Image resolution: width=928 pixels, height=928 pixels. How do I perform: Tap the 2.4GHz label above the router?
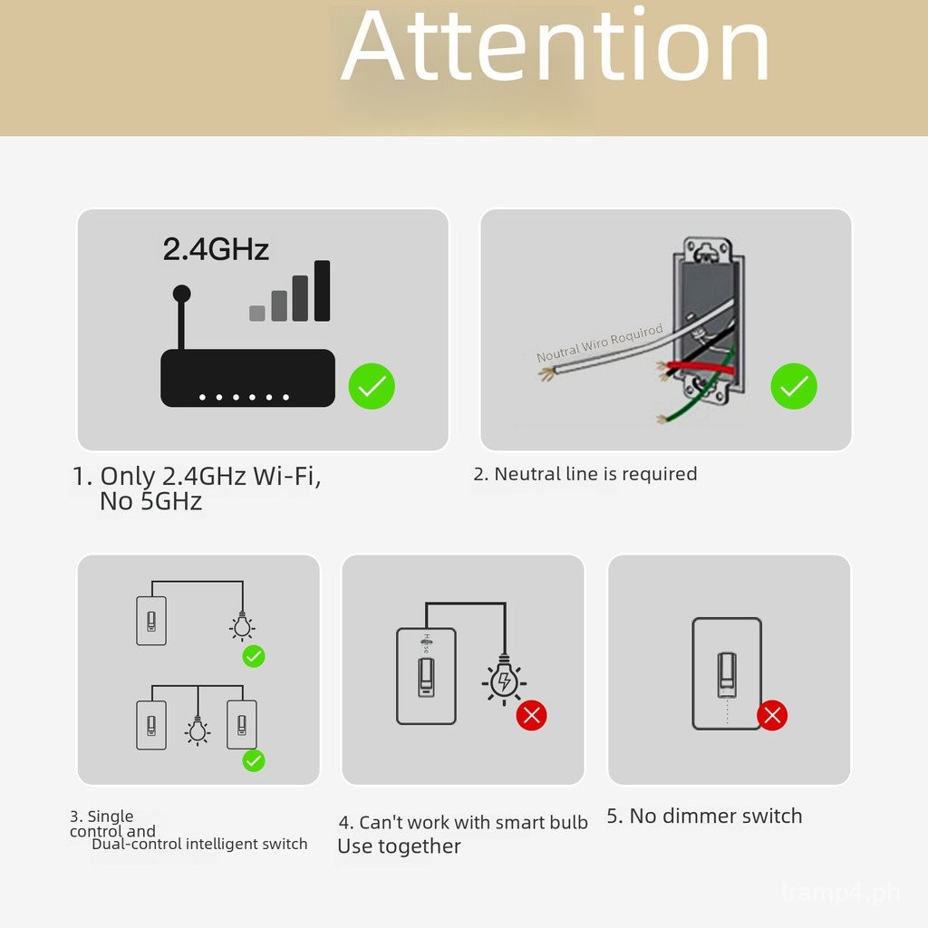tap(216, 249)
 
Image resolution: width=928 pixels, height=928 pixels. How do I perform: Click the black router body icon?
tap(247, 378)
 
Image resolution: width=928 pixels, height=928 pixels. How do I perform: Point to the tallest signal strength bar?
tap(322, 290)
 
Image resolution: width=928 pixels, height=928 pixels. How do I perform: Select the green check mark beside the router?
tap(372, 387)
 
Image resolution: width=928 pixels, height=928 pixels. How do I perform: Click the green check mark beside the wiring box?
tap(794, 387)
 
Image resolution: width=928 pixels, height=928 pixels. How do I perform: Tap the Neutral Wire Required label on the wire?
tap(600, 343)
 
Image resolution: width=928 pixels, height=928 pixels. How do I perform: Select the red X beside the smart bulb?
tap(532, 716)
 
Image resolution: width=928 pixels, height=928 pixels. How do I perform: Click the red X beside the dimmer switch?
tap(772, 716)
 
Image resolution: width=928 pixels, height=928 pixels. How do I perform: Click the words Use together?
tap(399, 846)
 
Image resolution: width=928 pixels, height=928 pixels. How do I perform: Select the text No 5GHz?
tap(150, 501)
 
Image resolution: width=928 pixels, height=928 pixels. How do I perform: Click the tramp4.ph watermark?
tap(840, 894)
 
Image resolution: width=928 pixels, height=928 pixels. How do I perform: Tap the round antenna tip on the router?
tap(181, 294)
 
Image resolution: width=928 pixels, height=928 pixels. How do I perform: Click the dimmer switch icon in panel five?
tap(727, 673)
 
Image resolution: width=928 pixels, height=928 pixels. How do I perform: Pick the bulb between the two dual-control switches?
tap(198, 729)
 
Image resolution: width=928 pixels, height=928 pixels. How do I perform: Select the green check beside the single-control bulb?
tap(254, 656)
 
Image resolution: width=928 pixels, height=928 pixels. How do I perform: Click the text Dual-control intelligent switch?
tap(199, 845)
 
